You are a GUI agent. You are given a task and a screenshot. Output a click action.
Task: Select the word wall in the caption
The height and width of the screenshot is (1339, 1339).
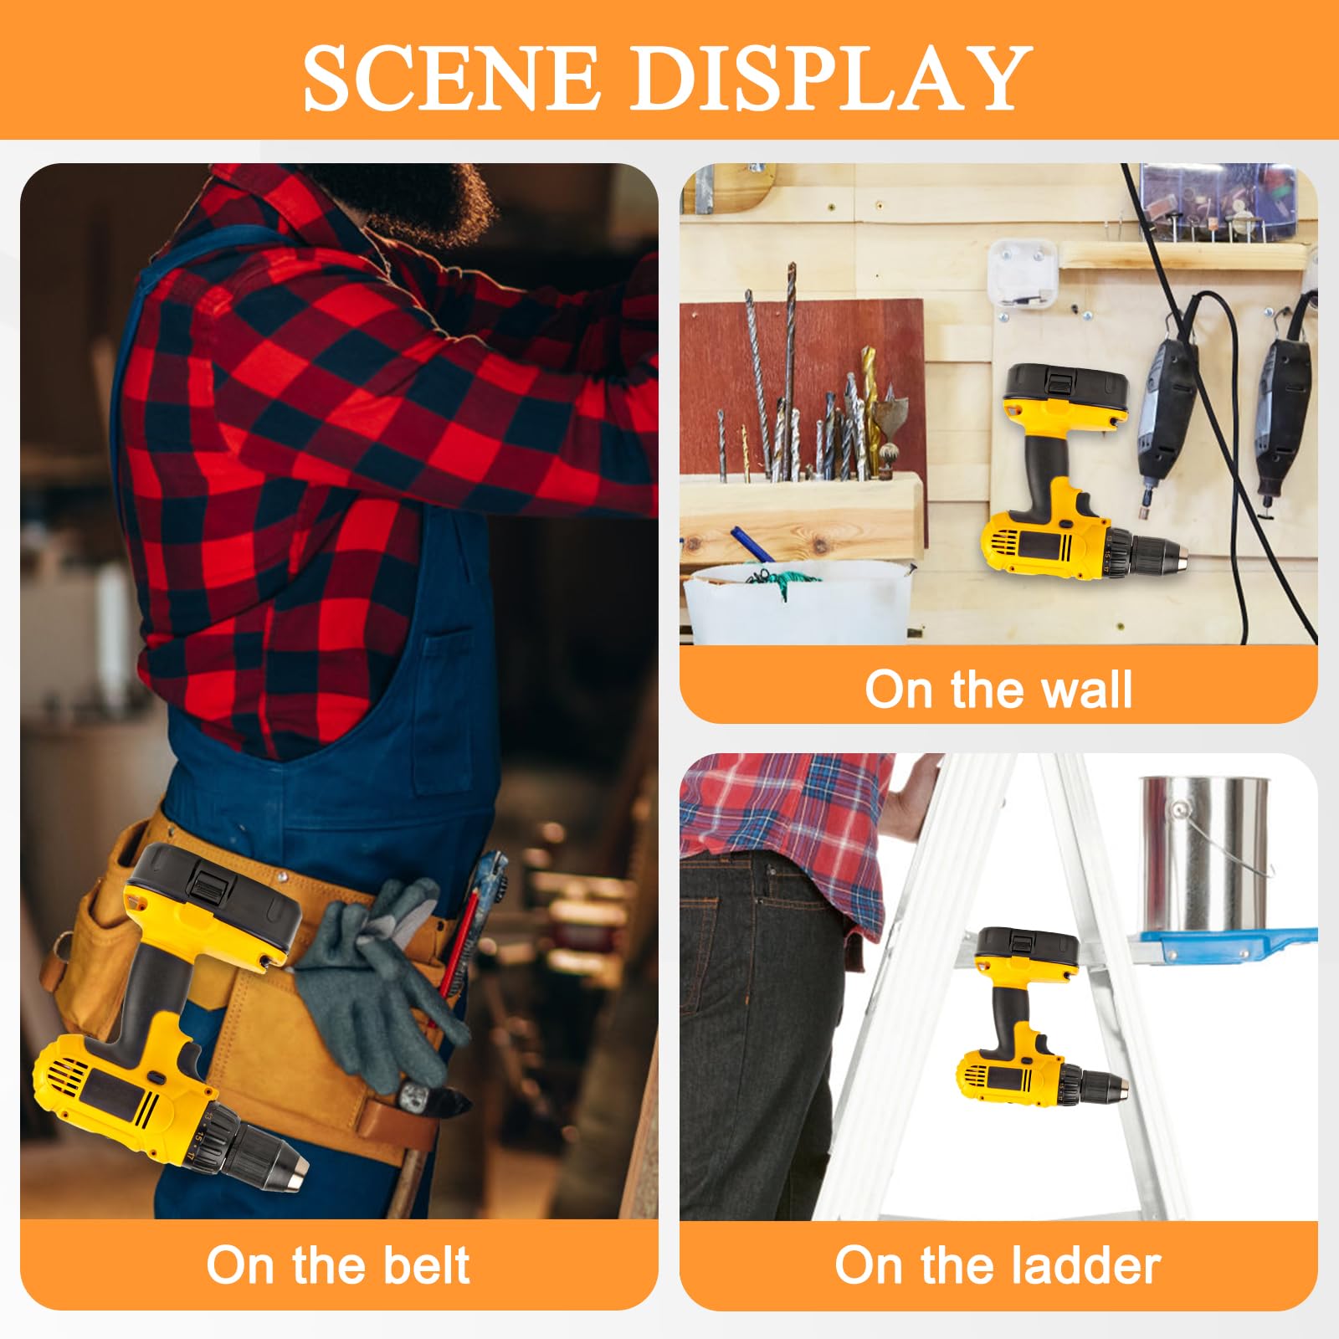(x=1087, y=690)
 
